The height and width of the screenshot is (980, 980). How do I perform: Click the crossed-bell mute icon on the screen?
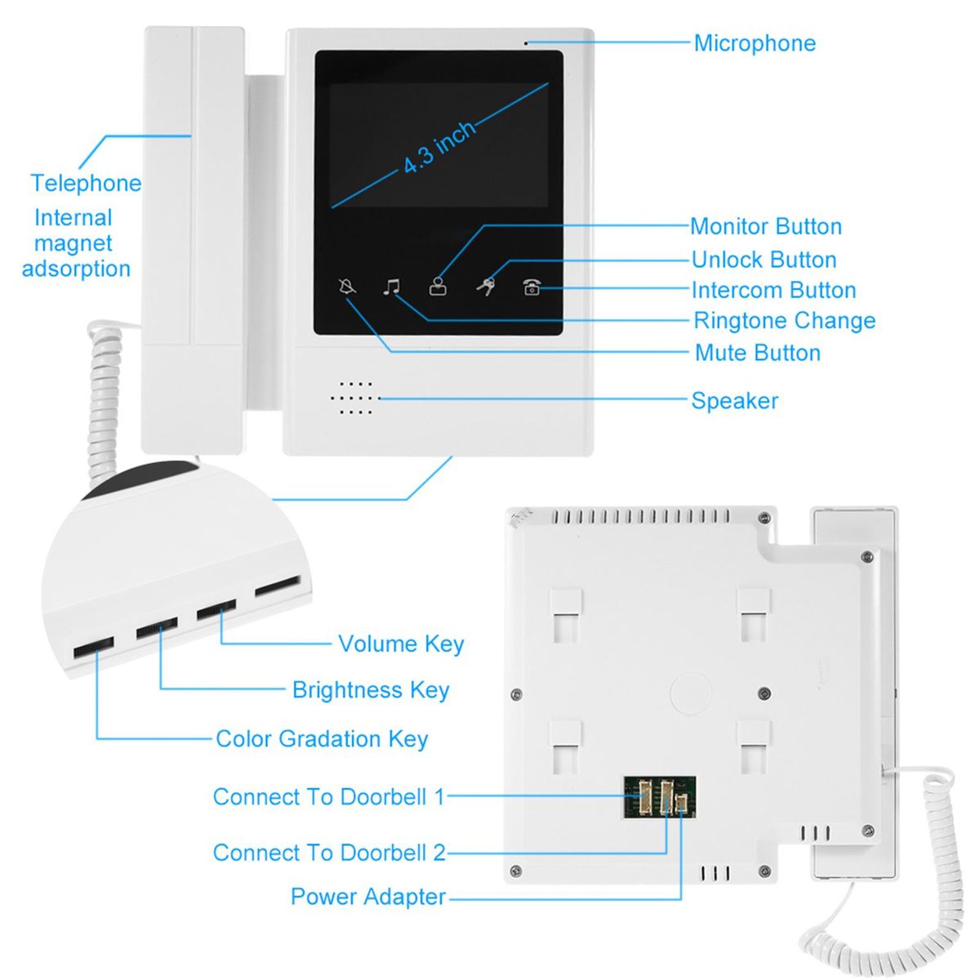click(347, 287)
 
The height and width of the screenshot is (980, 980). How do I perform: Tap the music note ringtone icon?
click(393, 287)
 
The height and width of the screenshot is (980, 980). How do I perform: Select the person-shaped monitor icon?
click(439, 287)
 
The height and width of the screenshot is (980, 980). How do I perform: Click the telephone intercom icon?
click(532, 287)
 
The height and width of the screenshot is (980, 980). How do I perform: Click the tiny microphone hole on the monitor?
click(526, 42)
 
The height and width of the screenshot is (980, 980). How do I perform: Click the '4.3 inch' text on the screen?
click(439, 148)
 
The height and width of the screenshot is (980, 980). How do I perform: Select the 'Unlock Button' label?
click(764, 260)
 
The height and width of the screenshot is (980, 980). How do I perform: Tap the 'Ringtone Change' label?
click(784, 321)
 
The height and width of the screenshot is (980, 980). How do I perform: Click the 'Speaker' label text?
click(734, 401)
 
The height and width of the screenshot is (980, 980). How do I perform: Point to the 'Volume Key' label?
click(401, 644)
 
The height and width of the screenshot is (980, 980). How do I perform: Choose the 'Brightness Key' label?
click(371, 690)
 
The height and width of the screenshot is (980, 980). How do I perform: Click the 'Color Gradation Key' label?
click(322, 739)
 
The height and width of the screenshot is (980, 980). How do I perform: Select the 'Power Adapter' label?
click(368, 897)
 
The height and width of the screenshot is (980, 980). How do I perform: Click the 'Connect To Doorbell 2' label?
click(329, 853)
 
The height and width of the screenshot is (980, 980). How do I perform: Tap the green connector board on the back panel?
click(660, 797)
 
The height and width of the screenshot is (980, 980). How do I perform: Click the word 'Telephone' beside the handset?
click(86, 183)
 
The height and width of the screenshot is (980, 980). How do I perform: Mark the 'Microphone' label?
click(755, 43)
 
